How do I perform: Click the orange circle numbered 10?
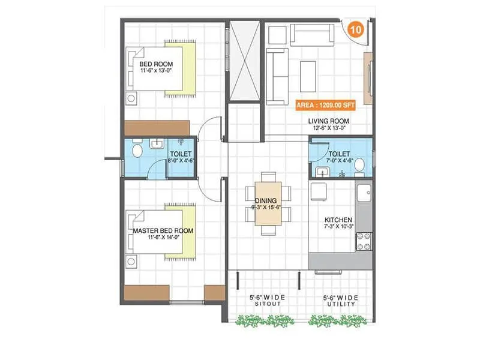coord(355,29)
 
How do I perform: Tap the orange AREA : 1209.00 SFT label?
coord(326,104)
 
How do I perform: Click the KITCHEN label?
coord(338,220)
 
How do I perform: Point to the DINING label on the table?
coord(265,200)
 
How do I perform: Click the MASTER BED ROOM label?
coord(163,230)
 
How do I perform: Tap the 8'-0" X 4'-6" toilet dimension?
coord(180,161)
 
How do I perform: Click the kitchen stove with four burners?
coord(364,241)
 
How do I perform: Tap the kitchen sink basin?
coord(363,193)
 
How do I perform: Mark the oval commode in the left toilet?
coord(137,150)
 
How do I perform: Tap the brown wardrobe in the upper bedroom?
coord(157,128)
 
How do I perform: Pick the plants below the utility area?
coord(337,321)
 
